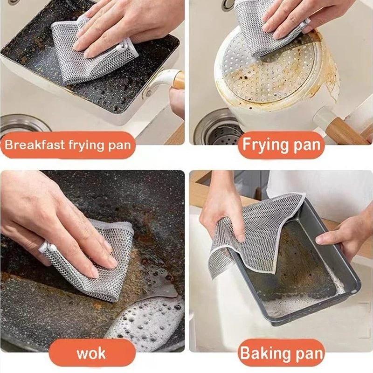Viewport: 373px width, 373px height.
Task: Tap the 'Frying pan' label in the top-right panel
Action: coord(281,145)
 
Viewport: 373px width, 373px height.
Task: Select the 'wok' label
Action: coord(91,353)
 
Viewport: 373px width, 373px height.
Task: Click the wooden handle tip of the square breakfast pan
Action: coord(179,80)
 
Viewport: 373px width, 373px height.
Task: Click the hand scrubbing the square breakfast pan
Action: coord(124,24)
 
